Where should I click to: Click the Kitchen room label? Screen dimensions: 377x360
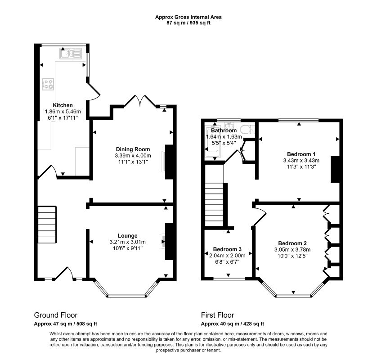pyautogui.click(x=63, y=105)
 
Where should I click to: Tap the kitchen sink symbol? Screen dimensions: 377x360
pyautogui.click(x=71, y=54)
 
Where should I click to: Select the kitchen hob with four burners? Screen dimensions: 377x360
pyautogui.click(x=48, y=85)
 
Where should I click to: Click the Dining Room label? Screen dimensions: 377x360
pyautogui.click(x=133, y=149)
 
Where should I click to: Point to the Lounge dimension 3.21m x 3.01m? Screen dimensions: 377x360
pyautogui.click(x=127, y=242)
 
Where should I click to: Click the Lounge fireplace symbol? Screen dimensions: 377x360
pyautogui.click(x=162, y=241)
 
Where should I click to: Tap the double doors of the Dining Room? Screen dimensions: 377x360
pyautogui.click(x=140, y=100)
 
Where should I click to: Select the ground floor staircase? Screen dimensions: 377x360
pyautogui.click(x=47, y=225)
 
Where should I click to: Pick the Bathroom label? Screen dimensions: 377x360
pyautogui.click(x=224, y=130)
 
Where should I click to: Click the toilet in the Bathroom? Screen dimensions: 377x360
pyautogui.click(x=247, y=130)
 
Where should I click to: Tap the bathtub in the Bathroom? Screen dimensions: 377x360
pyautogui.click(x=212, y=142)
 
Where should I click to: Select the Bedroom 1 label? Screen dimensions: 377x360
pyautogui.click(x=301, y=154)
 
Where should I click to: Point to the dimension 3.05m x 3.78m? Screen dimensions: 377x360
pyautogui.click(x=292, y=250)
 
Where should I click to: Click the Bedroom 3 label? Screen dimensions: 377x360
pyautogui.click(x=227, y=249)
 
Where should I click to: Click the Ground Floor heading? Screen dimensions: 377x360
pyautogui.click(x=55, y=315)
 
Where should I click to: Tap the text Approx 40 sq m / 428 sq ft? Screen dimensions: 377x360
pyautogui.click(x=233, y=324)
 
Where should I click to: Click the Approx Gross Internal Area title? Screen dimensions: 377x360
pyautogui.click(x=188, y=17)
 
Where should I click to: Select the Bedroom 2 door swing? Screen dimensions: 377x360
pyautogui.click(x=260, y=215)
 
